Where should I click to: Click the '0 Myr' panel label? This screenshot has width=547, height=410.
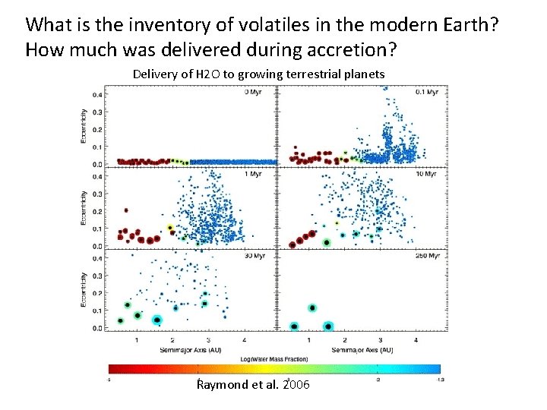tap(254, 93)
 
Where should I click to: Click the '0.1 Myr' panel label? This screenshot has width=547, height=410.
tap(427, 93)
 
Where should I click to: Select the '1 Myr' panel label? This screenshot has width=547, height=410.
tap(254, 174)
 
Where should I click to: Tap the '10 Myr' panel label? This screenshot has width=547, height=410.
tap(428, 174)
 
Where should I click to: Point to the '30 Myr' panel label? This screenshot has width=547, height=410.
tap(254, 256)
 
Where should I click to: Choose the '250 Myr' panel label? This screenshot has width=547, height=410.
tap(426, 256)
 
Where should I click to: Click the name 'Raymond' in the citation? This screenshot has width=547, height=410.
tap(221, 385)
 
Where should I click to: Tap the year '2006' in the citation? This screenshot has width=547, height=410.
tap(296, 385)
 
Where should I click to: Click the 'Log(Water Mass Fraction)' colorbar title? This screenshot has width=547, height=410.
tap(274, 359)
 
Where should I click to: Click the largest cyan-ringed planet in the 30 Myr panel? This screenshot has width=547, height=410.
tap(157, 320)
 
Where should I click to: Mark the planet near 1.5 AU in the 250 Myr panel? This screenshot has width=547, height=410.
tap(327, 326)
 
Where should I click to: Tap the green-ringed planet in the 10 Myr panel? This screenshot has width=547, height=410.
tap(327, 242)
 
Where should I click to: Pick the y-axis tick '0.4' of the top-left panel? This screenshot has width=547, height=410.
tap(99, 95)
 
